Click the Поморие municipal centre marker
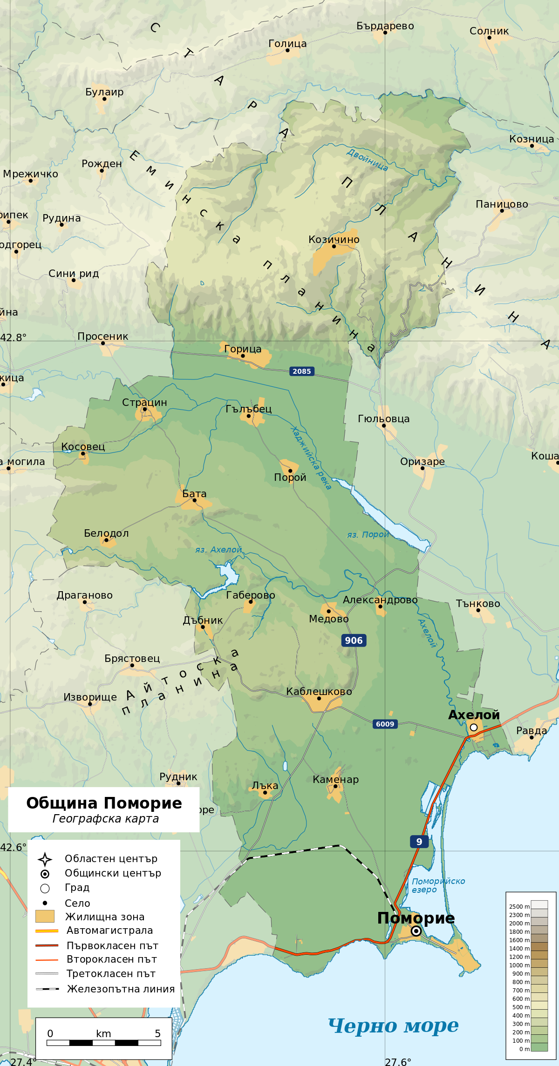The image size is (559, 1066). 416,931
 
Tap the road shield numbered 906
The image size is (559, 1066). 354,641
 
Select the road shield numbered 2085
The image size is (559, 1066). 301,371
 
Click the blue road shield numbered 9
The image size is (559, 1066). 419,842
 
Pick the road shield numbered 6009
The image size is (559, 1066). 385,724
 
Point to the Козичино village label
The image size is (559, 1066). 334,240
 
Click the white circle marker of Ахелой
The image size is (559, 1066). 474,727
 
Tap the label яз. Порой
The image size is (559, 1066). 368,534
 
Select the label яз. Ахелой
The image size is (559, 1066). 218,550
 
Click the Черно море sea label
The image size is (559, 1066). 393,1026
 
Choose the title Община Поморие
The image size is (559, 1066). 104,803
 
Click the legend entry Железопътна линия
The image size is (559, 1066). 121,989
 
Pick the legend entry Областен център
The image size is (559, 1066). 111,858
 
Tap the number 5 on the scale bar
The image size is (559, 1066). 157,1033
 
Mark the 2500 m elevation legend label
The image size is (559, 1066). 519,906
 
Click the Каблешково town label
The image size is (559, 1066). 319,692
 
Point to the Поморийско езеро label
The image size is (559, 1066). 438,885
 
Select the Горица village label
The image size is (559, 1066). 243,349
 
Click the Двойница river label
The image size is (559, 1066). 367,160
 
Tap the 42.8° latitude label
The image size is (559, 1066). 14,337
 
